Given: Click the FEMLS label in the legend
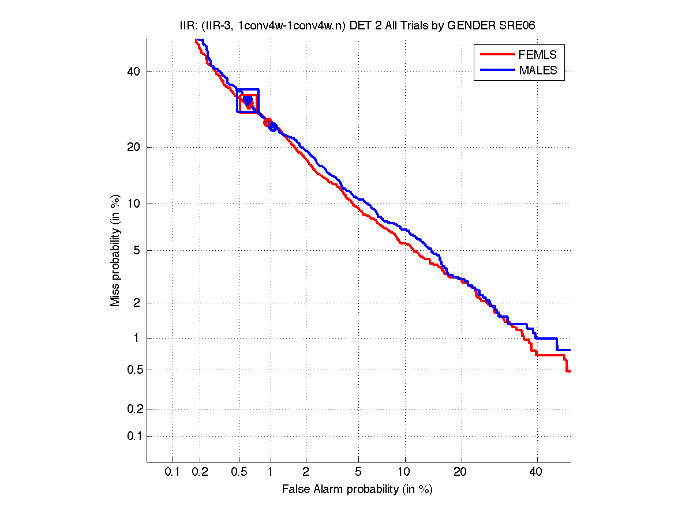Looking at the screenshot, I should coord(538,55).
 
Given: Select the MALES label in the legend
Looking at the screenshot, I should coord(538,70).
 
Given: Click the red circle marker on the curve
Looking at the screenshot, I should coord(268,122).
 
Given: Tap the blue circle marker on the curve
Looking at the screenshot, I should coord(274,127).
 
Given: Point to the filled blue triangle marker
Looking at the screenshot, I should coord(248,101).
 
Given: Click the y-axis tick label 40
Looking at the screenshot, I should coord(134,72).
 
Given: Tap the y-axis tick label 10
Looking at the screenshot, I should coord(134,204).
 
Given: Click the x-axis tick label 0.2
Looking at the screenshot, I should coord(200,472).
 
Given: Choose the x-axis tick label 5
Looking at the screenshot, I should coord(358,472).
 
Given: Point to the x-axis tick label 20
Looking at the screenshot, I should coord(460,472).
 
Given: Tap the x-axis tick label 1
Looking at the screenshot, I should coord(271,472).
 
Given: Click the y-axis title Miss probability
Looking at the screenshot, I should coord(116,251).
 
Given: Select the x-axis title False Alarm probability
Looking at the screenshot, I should coord(357,490).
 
